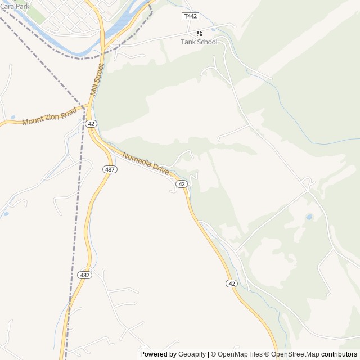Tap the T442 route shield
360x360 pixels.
[x=191, y=16]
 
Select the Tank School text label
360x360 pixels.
[x=199, y=42]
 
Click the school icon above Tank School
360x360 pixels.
[x=199, y=33]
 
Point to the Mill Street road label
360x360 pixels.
[x=97, y=80]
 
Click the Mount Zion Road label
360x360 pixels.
[x=49, y=116]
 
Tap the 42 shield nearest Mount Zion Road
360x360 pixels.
[x=92, y=123]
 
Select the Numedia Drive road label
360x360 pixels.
[x=146, y=164]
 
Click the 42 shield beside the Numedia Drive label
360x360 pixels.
[x=181, y=184]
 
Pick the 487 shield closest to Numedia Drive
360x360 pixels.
[x=110, y=169]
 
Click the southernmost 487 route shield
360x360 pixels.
[x=85, y=275]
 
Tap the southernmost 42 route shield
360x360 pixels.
[x=232, y=283]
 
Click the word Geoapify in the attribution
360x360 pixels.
[x=192, y=354]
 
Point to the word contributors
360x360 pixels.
[x=339, y=354]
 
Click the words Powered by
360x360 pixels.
[x=158, y=354]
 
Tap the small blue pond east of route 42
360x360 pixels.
[x=309, y=217]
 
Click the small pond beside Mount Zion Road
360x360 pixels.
[x=12, y=118]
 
